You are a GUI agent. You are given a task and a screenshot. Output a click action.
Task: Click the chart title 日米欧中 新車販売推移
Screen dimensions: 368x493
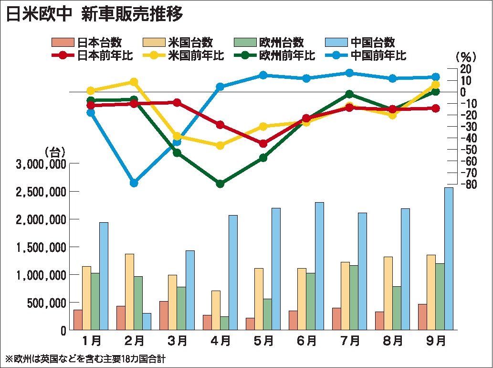pos(94,14)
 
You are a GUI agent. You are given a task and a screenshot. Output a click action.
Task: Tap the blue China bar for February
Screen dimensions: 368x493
pos(147,321)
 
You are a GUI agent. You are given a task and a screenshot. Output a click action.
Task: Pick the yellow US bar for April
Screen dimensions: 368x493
pos(216,310)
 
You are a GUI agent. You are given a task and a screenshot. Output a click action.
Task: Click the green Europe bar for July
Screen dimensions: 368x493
pos(354,297)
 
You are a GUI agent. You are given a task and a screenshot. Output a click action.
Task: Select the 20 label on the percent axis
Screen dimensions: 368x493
pos(465,69)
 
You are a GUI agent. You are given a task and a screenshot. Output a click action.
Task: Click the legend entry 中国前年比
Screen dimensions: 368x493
pos(378,55)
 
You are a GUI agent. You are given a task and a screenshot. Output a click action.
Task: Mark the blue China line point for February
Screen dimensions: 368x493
pos(134,183)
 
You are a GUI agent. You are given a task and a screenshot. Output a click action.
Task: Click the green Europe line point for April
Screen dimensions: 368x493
pos(220,184)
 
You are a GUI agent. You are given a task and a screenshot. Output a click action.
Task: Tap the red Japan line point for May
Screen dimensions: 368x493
pos(263,143)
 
